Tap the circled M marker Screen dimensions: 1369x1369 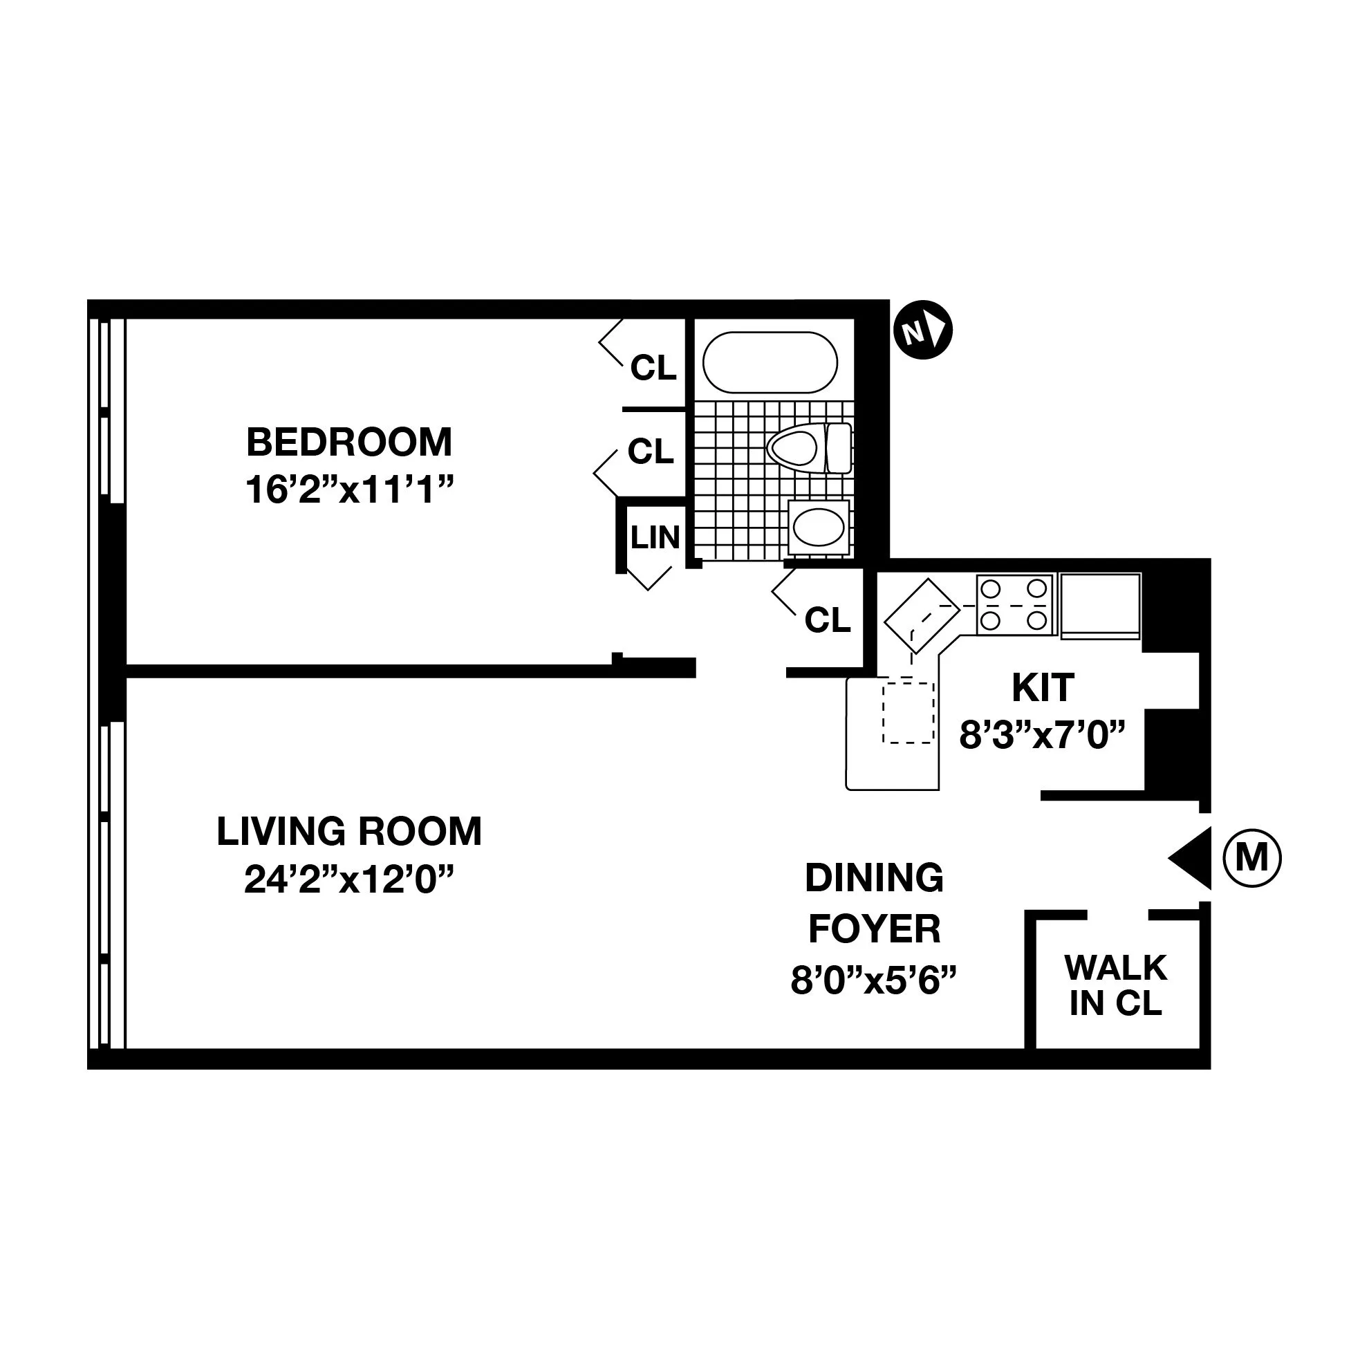[1252, 859]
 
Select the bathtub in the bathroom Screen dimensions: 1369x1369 [770, 362]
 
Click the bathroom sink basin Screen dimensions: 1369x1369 [819, 527]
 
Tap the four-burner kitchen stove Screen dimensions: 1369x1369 [1014, 604]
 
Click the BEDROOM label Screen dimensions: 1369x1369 [348, 443]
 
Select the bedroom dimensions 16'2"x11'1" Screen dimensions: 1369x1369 [348, 490]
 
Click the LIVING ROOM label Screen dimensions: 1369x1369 [348, 831]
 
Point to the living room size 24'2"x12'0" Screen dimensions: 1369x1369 [348, 880]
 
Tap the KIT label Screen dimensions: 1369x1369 [1043, 687]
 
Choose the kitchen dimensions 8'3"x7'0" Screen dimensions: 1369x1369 [1042, 735]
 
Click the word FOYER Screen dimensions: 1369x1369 [875, 929]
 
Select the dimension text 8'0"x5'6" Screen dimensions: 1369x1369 [874, 981]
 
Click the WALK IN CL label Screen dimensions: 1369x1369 [1115, 985]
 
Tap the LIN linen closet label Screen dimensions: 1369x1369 [655, 538]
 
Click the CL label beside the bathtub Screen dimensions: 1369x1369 [653, 368]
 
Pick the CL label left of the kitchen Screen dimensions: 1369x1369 [827, 620]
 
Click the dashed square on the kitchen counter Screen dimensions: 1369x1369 [908, 712]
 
